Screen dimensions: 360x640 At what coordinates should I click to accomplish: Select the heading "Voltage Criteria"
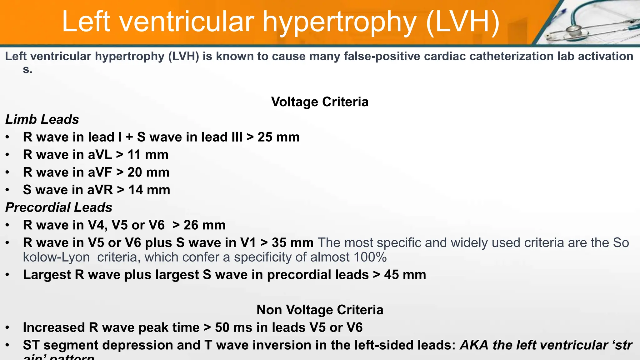pyautogui.click(x=320, y=102)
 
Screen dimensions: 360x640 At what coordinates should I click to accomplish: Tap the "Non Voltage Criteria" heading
pyautogui.click(x=320, y=310)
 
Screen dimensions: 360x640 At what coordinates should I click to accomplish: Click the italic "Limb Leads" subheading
pyautogui.click(x=42, y=119)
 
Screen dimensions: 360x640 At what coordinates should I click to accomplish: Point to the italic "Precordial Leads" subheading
pyautogui.click(x=59, y=207)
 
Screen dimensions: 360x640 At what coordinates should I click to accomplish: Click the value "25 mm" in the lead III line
pyautogui.click(x=278, y=137)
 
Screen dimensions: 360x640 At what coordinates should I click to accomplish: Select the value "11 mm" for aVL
pyautogui.click(x=148, y=155)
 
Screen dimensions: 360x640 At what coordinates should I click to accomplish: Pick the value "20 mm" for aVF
pyautogui.click(x=148, y=172)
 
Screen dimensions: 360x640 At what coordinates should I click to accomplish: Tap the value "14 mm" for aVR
pyautogui.click(x=149, y=190)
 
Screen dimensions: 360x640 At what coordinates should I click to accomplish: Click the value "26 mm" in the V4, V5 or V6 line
pyautogui.click(x=204, y=225)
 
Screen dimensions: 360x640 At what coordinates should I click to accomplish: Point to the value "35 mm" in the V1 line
pyautogui.click(x=292, y=243)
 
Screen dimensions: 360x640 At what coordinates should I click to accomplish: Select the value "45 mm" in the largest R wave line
pyautogui.click(x=405, y=275)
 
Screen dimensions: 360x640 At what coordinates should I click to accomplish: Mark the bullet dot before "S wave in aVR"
pyautogui.click(x=7, y=190)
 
